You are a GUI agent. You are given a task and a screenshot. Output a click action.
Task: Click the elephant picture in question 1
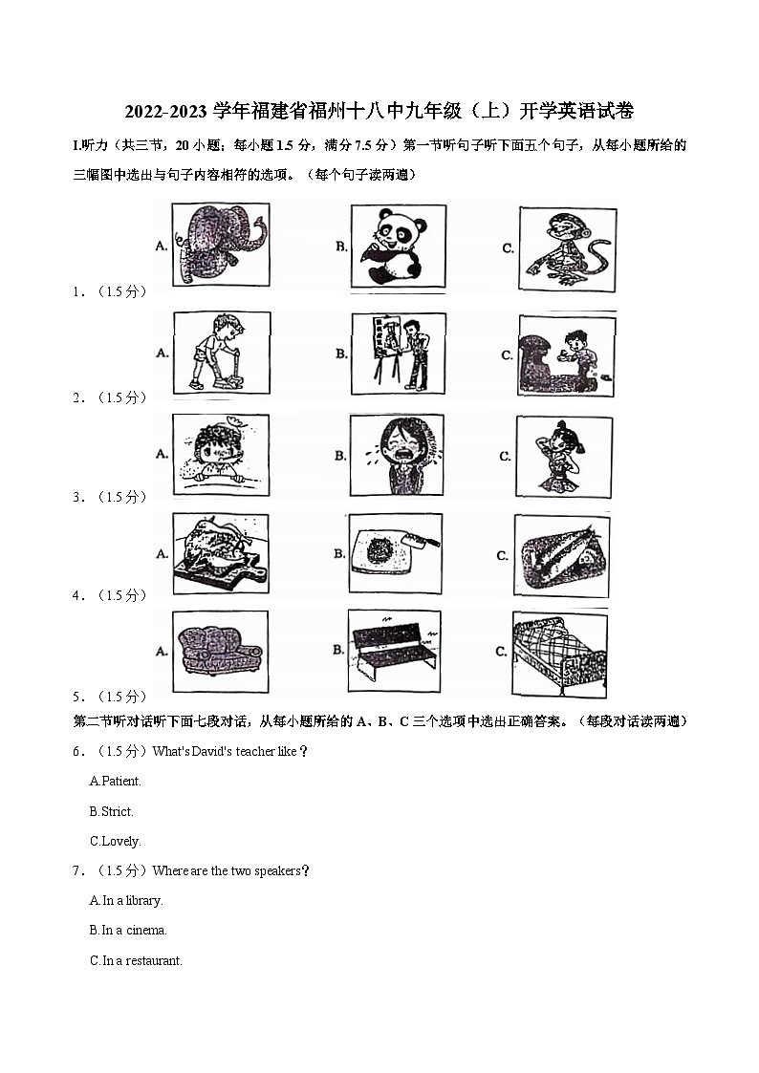[x=222, y=245]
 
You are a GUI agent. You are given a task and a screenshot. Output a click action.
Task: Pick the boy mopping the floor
[x=220, y=352]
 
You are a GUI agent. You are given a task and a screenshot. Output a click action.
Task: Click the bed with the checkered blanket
[x=560, y=654]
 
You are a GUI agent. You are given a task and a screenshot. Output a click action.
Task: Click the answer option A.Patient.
[x=115, y=781]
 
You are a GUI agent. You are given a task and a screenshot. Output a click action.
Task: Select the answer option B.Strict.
[x=111, y=811]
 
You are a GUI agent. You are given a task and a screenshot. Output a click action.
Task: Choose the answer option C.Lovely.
[x=115, y=842]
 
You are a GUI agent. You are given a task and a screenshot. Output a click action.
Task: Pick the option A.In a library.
[x=126, y=900]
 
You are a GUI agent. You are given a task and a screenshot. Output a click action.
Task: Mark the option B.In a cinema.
[x=128, y=930]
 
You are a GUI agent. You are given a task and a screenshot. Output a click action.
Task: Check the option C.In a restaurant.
[x=136, y=960]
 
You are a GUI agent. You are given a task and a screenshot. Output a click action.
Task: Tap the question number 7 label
[x=77, y=870]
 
